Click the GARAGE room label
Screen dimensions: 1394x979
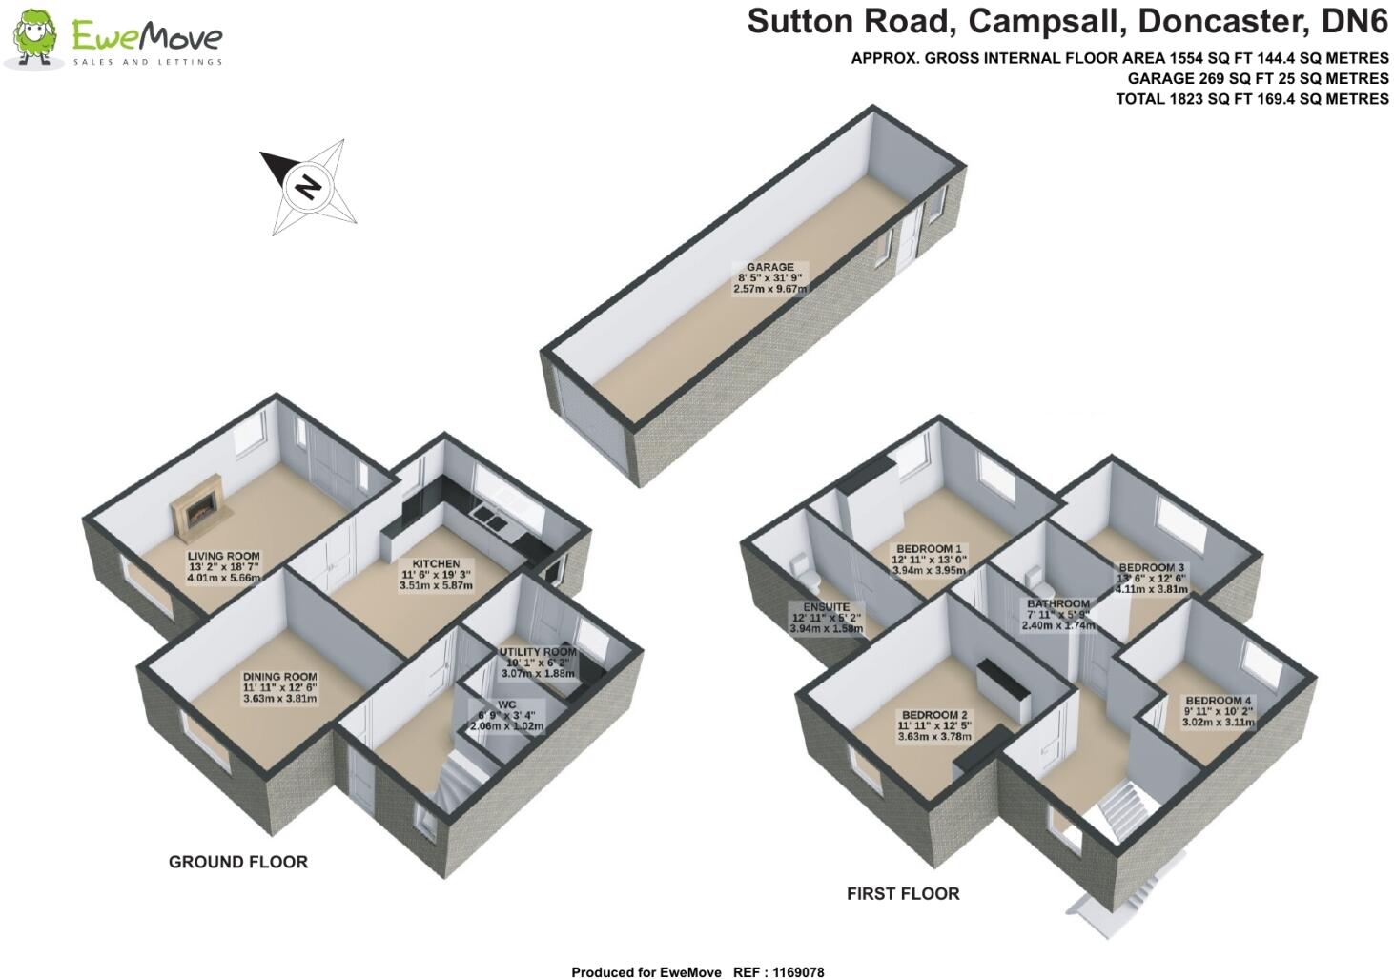(x=769, y=267)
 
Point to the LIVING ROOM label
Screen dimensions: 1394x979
(x=223, y=556)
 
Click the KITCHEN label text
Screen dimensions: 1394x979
(x=436, y=563)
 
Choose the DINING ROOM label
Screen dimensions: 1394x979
(x=278, y=677)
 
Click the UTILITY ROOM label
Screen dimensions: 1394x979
(x=538, y=652)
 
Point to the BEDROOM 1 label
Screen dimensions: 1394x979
(x=928, y=548)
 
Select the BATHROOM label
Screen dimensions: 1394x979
(x=1058, y=603)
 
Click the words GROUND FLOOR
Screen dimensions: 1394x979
(x=238, y=862)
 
